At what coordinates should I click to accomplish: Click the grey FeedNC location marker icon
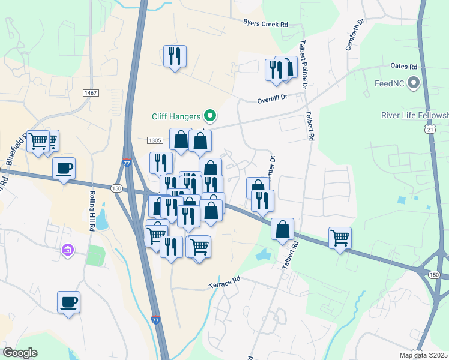point(413,83)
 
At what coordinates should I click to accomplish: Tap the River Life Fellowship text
point(415,115)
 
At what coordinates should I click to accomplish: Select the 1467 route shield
point(91,92)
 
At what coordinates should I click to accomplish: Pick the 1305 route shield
point(154,140)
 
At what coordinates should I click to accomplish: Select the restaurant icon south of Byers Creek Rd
point(175,56)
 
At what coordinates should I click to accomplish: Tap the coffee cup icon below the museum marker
point(69,301)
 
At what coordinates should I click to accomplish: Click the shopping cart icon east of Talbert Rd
point(340,238)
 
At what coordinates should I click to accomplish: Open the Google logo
point(20,353)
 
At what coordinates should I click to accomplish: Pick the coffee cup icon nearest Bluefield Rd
point(64,168)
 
